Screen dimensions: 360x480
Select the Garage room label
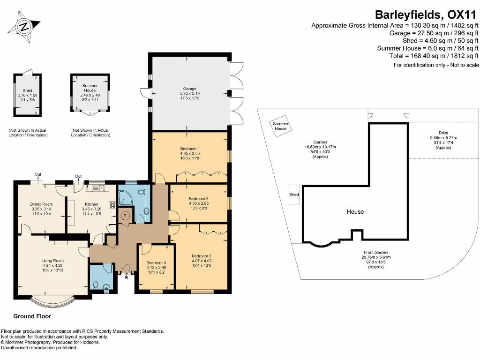190,89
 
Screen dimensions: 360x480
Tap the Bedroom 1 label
190,149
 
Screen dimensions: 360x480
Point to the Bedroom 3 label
199,199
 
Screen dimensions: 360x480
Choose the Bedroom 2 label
202,256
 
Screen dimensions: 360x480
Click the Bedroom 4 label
156,262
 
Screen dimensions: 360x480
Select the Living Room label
53,261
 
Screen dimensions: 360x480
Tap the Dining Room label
41,204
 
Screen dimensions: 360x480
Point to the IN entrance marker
127,277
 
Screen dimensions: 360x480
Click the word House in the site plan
355,212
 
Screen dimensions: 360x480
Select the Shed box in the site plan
294,195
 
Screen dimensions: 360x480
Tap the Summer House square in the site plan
281,126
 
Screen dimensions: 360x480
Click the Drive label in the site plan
443,133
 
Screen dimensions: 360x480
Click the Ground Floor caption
32,316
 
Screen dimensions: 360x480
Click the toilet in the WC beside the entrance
96,285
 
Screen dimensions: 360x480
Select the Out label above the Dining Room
38,175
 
